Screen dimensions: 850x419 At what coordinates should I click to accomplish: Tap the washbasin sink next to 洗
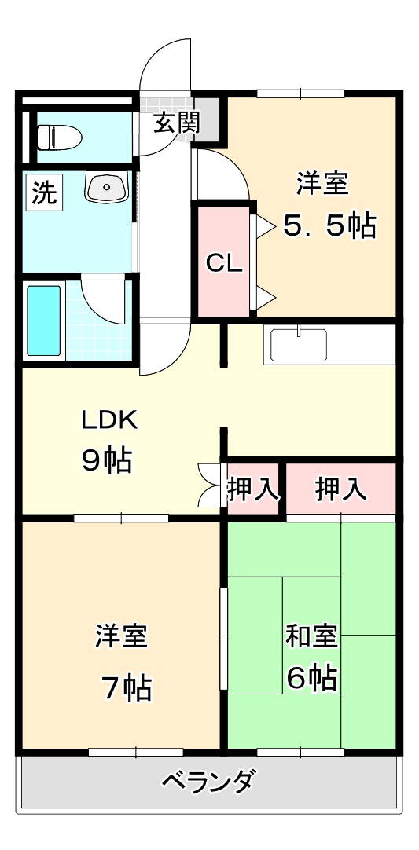tap(107, 188)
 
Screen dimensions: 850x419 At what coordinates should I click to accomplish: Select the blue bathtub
tap(44, 321)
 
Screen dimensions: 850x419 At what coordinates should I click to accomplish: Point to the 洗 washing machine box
tap(45, 192)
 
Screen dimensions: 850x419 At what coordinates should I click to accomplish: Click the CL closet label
tap(224, 264)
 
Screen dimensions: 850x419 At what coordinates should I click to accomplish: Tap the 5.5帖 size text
tap(329, 227)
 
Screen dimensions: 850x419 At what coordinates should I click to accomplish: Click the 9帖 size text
tap(106, 460)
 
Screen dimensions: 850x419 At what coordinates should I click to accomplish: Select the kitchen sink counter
tap(299, 345)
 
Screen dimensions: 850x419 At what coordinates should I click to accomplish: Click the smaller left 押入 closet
tap(253, 489)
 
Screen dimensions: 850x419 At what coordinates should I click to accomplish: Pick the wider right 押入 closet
tap(340, 489)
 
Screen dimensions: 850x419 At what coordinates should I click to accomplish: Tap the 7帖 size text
tap(125, 688)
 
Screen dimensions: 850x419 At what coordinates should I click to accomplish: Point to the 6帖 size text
tap(312, 676)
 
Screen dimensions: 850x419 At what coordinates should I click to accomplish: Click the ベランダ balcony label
tap(208, 782)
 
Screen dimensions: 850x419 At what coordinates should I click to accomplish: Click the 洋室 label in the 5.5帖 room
tap(322, 185)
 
